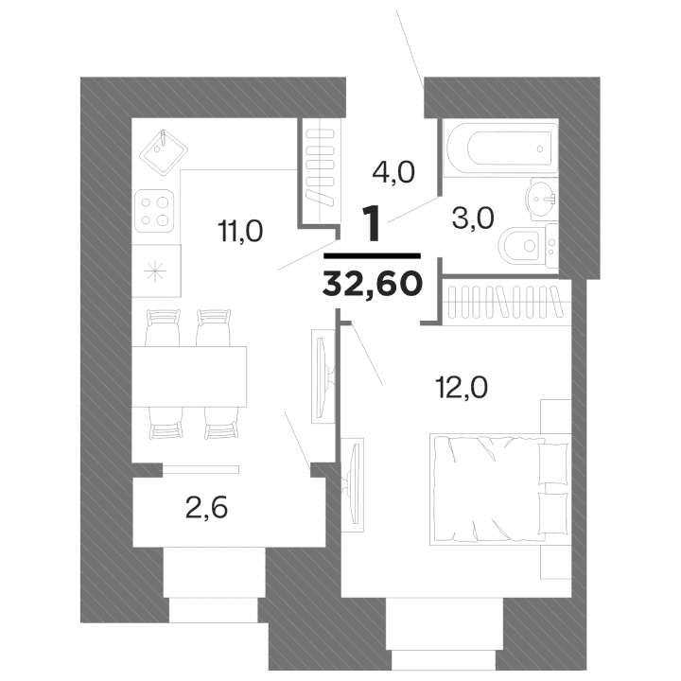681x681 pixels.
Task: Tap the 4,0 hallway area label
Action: (393, 173)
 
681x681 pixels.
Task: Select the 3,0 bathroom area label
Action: (474, 218)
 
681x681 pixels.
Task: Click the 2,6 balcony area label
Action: (206, 510)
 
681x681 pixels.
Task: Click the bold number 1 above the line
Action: (373, 223)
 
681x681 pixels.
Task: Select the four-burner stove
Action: (156, 210)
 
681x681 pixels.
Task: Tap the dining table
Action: (189, 375)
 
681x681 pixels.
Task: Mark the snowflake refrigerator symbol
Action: (153, 268)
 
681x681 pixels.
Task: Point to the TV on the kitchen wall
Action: (321, 374)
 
